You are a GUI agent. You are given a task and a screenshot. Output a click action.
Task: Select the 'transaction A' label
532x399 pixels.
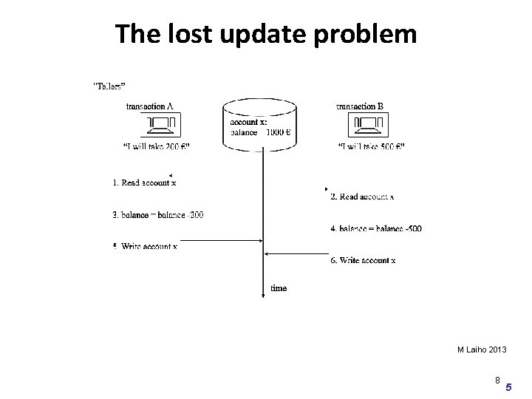point(150,106)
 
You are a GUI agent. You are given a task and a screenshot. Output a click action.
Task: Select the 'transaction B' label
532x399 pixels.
point(360,106)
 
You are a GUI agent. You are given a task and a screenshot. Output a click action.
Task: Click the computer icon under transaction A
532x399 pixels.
point(157,124)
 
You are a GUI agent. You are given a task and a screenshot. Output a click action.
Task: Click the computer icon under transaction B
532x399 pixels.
point(367,124)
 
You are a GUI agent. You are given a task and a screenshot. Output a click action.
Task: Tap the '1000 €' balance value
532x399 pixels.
point(278,133)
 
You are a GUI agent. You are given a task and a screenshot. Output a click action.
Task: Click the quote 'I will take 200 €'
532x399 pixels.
point(156,146)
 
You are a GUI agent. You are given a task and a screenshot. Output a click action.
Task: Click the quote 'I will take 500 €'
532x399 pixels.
point(371,146)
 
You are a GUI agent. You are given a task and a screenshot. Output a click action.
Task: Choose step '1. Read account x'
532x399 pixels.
point(144,182)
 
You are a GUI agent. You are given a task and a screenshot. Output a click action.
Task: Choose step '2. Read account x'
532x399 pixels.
point(362,197)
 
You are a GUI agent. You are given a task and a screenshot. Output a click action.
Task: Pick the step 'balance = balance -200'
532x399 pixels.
point(158,215)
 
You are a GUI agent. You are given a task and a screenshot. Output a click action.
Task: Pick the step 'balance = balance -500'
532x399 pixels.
point(376,228)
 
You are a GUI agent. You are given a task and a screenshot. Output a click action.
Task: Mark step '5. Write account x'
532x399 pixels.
point(146,246)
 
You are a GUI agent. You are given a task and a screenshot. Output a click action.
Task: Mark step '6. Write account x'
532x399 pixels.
point(363,260)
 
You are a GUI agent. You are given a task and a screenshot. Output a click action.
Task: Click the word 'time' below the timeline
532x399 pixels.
point(279,288)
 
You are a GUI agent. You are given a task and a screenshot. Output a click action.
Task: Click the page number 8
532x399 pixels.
point(498,380)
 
